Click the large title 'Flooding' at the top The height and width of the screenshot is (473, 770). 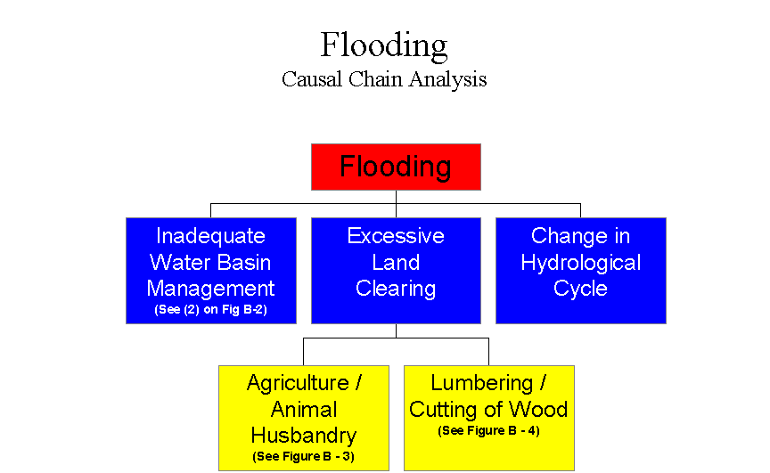(x=384, y=45)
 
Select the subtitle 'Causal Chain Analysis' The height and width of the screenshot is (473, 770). (x=384, y=79)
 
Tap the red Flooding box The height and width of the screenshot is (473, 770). (x=396, y=167)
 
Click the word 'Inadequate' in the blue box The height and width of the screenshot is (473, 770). (x=210, y=236)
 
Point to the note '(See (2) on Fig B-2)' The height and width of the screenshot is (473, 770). (x=210, y=309)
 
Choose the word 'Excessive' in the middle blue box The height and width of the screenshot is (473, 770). (x=396, y=236)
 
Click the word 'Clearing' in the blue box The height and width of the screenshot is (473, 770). (x=396, y=289)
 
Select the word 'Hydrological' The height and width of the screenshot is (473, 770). (x=580, y=263)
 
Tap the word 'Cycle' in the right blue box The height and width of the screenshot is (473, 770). (x=580, y=289)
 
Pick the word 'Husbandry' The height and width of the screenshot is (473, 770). (x=304, y=436)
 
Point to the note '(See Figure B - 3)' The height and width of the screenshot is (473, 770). (x=304, y=457)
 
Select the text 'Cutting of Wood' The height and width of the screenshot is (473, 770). (x=488, y=410)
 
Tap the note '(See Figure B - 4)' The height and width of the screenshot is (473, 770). (x=488, y=431)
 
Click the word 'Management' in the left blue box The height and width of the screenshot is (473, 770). (x=210, y=289)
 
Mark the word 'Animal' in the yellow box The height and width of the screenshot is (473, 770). (x=304, y=410)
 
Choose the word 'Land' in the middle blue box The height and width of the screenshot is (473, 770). (x=396, y=263)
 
